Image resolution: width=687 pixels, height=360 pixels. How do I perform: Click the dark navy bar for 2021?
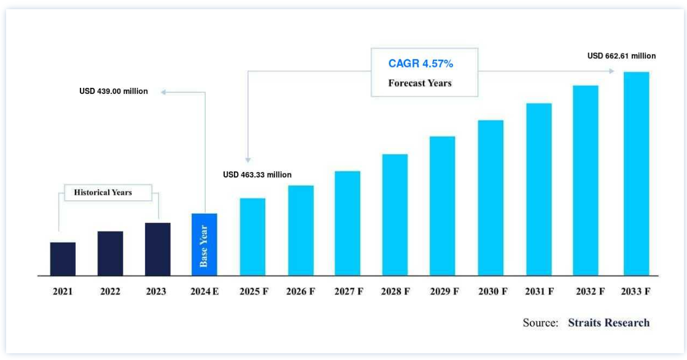pyautogui.click(x=63, y=259)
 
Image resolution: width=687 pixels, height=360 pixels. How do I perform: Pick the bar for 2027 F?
pyautogui.click(x=347, y=223)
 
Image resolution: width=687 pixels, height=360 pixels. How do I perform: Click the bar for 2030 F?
pyautogui.click(x=491, y=197)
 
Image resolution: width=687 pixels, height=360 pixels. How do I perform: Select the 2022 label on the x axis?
pyautogui.click(x=110, y=292)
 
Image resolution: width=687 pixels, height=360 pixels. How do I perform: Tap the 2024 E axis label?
pyautogui.click(x=204, y=292)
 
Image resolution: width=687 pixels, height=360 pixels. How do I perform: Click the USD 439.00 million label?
pyautogui.click(x=114, y=92)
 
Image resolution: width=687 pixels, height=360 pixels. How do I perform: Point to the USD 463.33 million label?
pyautogui.click(x=257, y=175)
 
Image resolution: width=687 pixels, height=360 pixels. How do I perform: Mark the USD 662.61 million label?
pyautogui.click(x=621, y=56)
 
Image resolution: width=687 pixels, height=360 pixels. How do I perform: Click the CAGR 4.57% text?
pyautogui.click(x=421, y=64)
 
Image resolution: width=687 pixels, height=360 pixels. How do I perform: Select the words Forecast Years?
pyautogui.click(x=420, y=83)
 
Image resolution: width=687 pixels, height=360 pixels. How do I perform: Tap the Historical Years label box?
pyautogui.click(x=103, y=192)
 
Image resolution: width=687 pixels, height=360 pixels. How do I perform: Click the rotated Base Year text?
pyautogui.click(x=204, y=246)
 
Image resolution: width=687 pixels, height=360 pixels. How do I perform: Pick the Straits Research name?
pyautogui.click(x=608, y=323)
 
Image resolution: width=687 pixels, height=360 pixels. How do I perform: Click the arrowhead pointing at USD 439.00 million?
pyautogui.click(x=164, y=92)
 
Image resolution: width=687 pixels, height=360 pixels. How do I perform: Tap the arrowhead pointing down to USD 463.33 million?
pyautogui.click(x=247, y=159)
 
